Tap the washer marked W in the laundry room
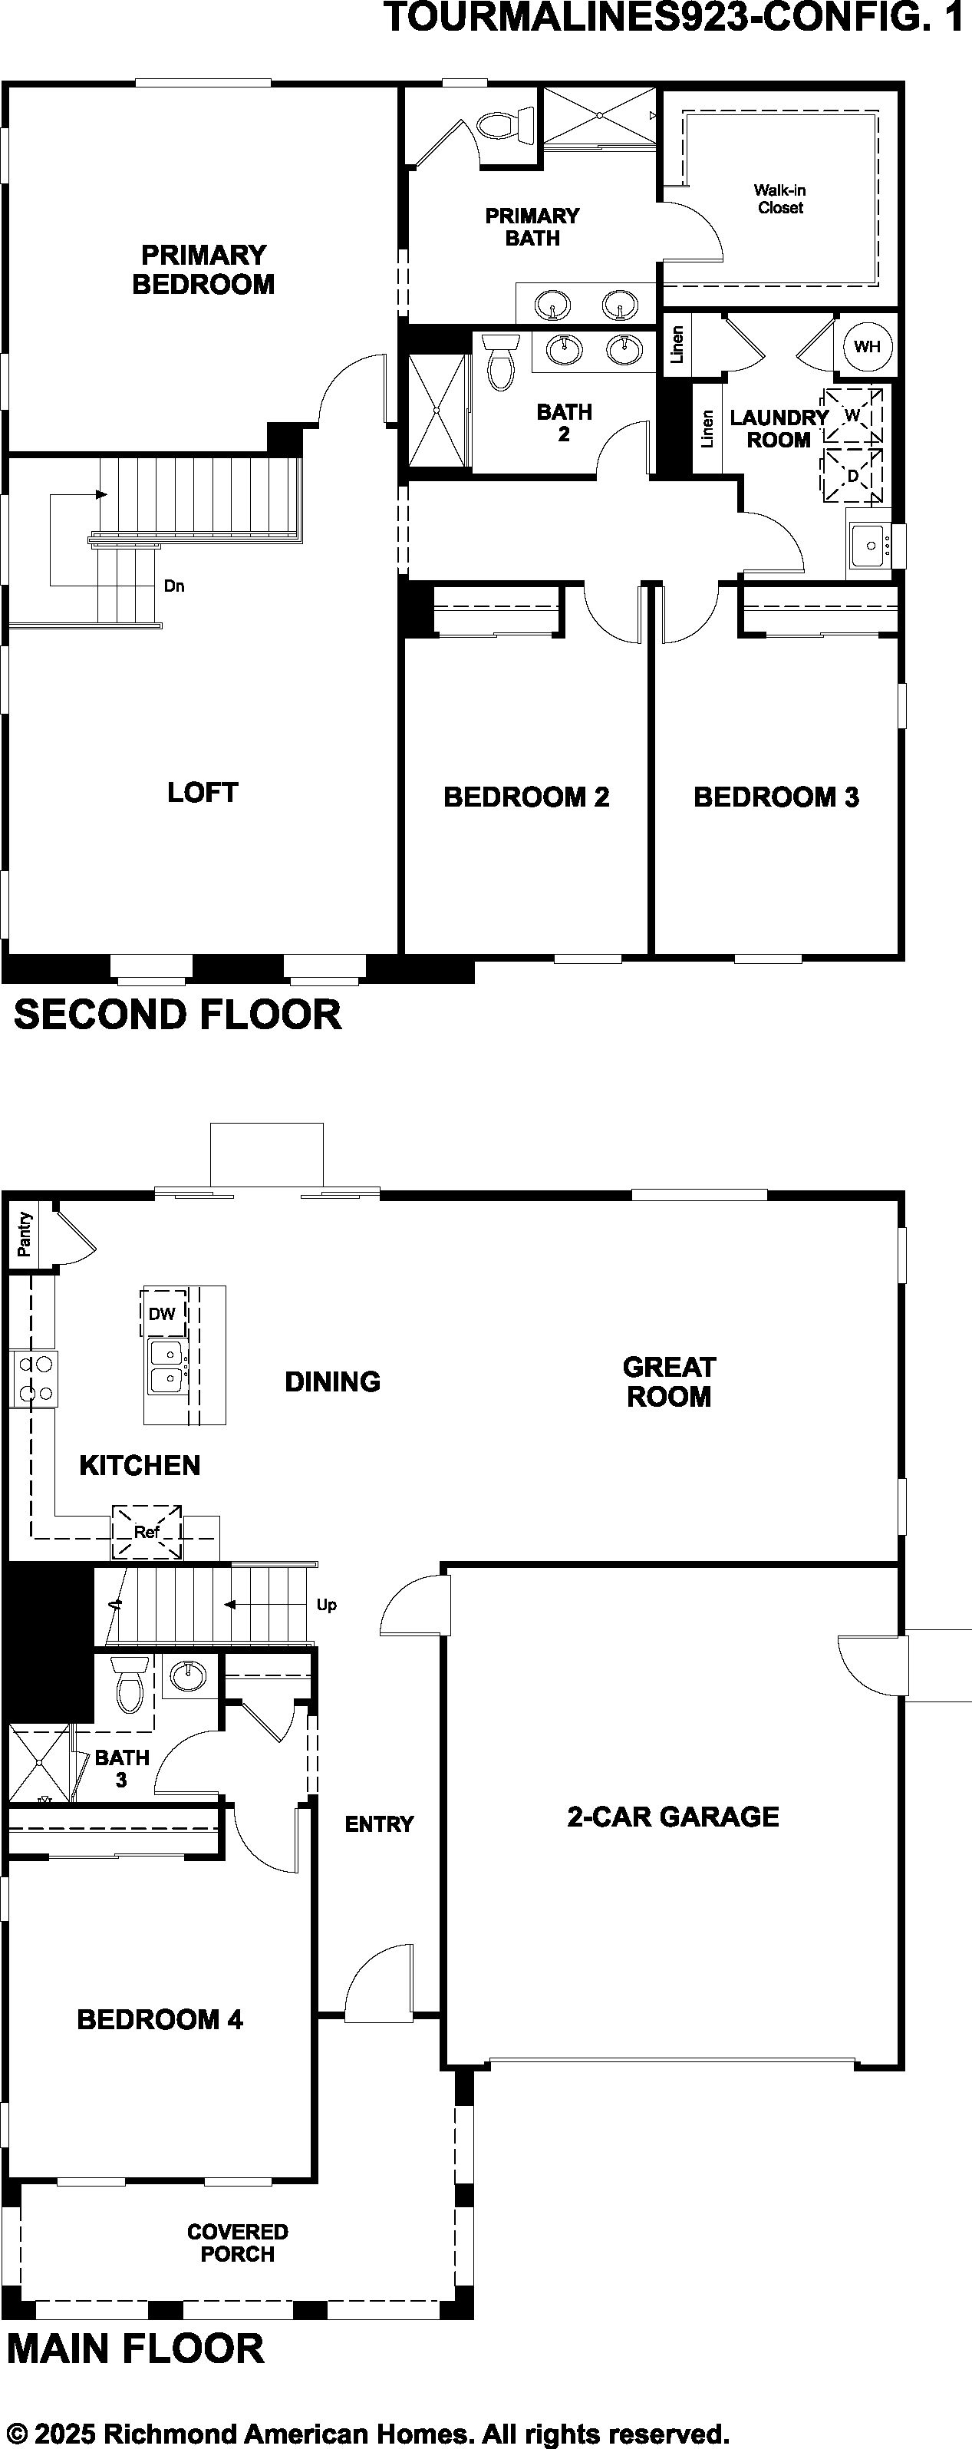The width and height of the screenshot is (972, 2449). pyautogui.click(x=852, y=414)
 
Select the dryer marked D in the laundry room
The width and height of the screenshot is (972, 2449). pyautogui.click(x=852, y=474)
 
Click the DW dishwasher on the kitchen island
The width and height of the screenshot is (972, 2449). pyautogui.click(x=163, y=1313)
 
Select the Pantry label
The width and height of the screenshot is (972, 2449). pyautogui.click(x=24, y=1234)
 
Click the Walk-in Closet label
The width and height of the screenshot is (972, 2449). pyautogui.click(x=780, y=199)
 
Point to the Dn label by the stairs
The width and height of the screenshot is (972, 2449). pyautogui.click(x=174, y=586)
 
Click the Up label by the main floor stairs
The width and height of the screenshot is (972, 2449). pyautogui.click(x=326, y=1605)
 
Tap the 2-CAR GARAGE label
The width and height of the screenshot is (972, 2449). pyautogui.click(x=673, y=1817)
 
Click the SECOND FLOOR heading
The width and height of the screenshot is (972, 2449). pyautogui.click(x=178, y=1015)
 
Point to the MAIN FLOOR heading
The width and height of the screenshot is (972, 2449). pyautogui.click(x=135, y=2348)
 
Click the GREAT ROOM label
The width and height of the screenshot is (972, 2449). pyautogui.click(x=669, y=1381)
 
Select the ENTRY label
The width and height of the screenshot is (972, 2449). pyautogui.click(x=379, y=1824)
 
